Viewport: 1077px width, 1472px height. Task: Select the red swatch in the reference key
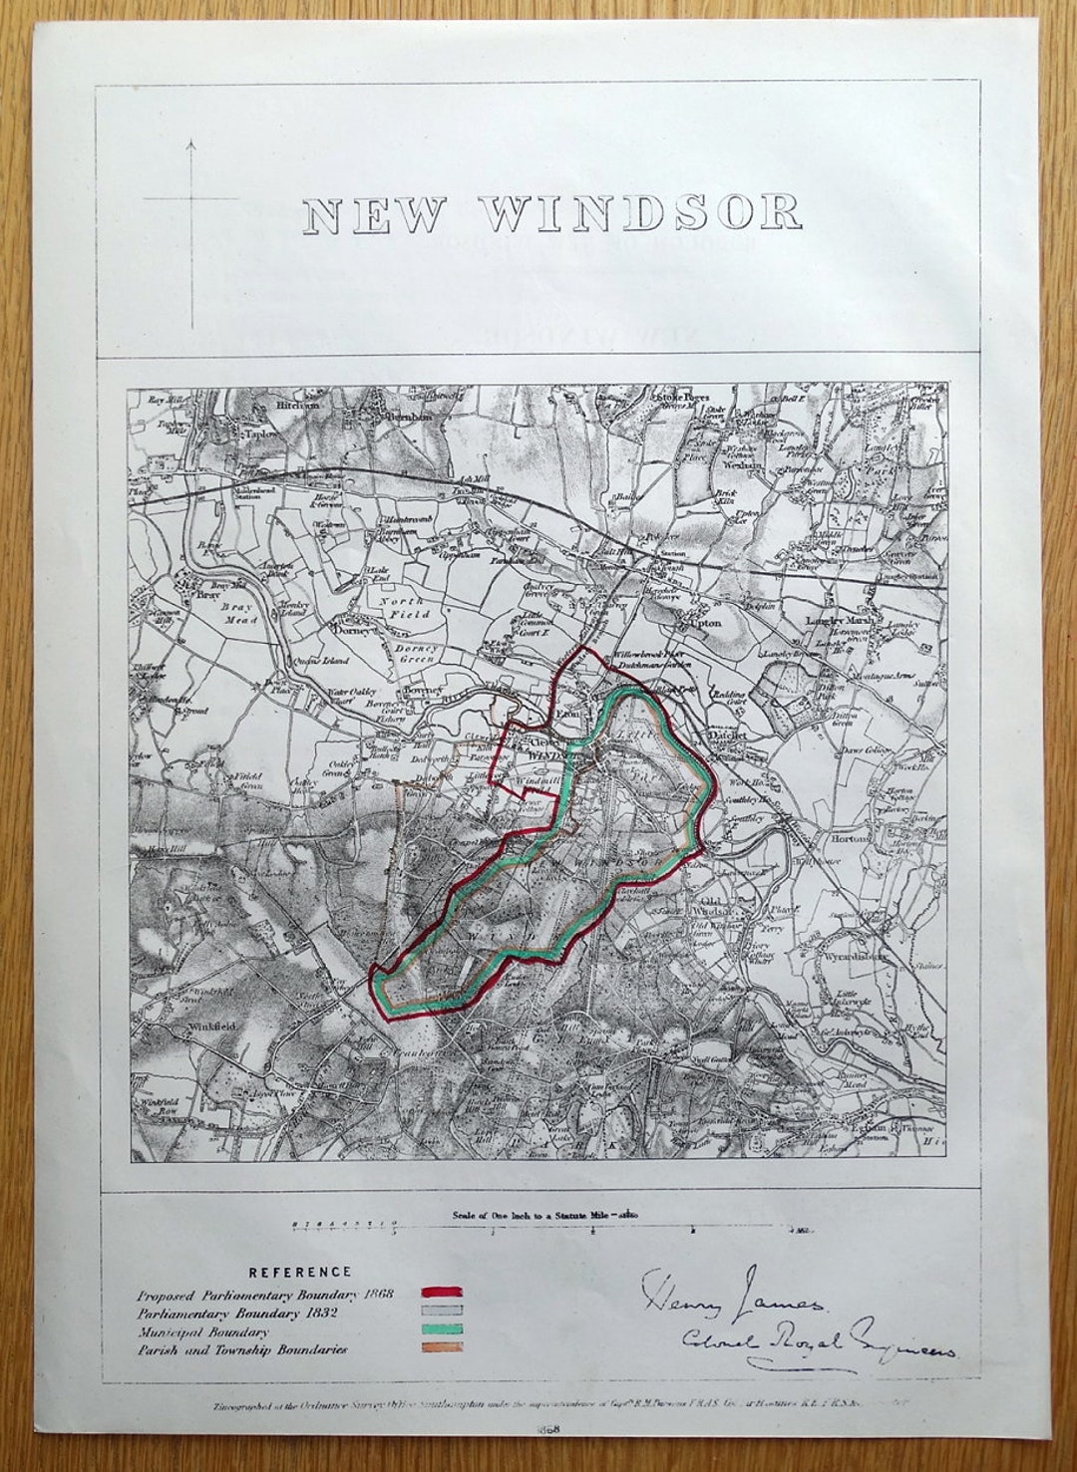(x=442, y=1294)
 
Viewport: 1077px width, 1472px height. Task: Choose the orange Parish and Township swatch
(x=442, y=1348)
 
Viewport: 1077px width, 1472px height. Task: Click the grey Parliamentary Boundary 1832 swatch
(x=442, y=1313)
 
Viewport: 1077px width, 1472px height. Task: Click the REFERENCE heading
(x=300, y=1272)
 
